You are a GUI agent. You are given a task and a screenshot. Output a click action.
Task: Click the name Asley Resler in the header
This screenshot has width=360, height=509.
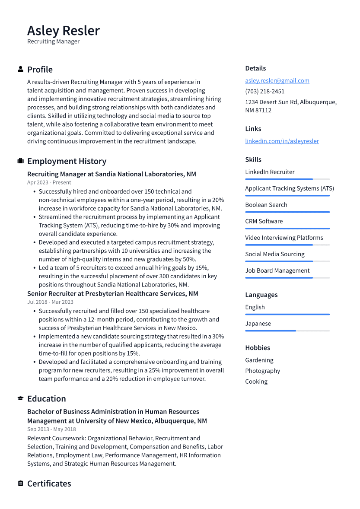click(x=64, y=31)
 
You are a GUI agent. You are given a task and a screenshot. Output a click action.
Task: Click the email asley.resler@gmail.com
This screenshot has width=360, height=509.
click(x=277, y=81)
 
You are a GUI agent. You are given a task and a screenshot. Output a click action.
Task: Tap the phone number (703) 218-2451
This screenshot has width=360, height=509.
click(x=264, y=92)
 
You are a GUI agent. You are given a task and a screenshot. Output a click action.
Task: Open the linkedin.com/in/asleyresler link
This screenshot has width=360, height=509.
click(x=282, y=141)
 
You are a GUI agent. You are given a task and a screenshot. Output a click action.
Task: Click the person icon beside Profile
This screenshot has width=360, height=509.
click(x=20, y=69)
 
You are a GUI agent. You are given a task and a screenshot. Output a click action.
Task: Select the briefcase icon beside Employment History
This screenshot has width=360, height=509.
click(x=20, y=161)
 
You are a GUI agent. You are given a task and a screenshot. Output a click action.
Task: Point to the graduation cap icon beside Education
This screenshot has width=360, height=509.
click(x=20, y=398)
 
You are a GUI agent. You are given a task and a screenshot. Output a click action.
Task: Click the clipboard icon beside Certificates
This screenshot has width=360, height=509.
click(x=20, y=484)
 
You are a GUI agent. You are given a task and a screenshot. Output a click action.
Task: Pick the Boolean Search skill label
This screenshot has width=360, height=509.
click(x=266, y=205)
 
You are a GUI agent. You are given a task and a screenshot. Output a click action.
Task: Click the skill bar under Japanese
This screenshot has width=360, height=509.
click(x=287, y=331)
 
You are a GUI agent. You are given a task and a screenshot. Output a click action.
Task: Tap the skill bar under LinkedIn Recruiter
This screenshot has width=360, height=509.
click(x=287, y=179)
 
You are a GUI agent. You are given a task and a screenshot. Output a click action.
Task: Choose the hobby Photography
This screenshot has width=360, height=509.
click(x=262, y=371)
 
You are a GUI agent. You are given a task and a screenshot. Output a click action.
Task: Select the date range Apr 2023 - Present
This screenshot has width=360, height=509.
click(x=49, y=183)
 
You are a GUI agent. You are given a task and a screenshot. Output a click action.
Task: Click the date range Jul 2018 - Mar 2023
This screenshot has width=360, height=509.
click(x=50, y=302)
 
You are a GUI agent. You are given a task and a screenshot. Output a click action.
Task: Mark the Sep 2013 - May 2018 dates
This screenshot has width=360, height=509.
click(x=51, y=429)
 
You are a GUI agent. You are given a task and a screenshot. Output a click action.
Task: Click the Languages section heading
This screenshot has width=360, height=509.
click(x=261, y=295)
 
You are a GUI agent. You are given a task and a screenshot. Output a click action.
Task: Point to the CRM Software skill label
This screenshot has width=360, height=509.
click(x=264, y=221)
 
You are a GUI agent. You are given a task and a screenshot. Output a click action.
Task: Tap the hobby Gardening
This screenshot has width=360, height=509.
click(x=259, y=360)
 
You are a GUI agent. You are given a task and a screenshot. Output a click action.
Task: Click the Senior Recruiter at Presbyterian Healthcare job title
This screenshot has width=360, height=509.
click(x=112, y=294)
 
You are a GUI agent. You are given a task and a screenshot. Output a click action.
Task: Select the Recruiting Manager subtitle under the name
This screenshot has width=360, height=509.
click(x=53, y=42)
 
